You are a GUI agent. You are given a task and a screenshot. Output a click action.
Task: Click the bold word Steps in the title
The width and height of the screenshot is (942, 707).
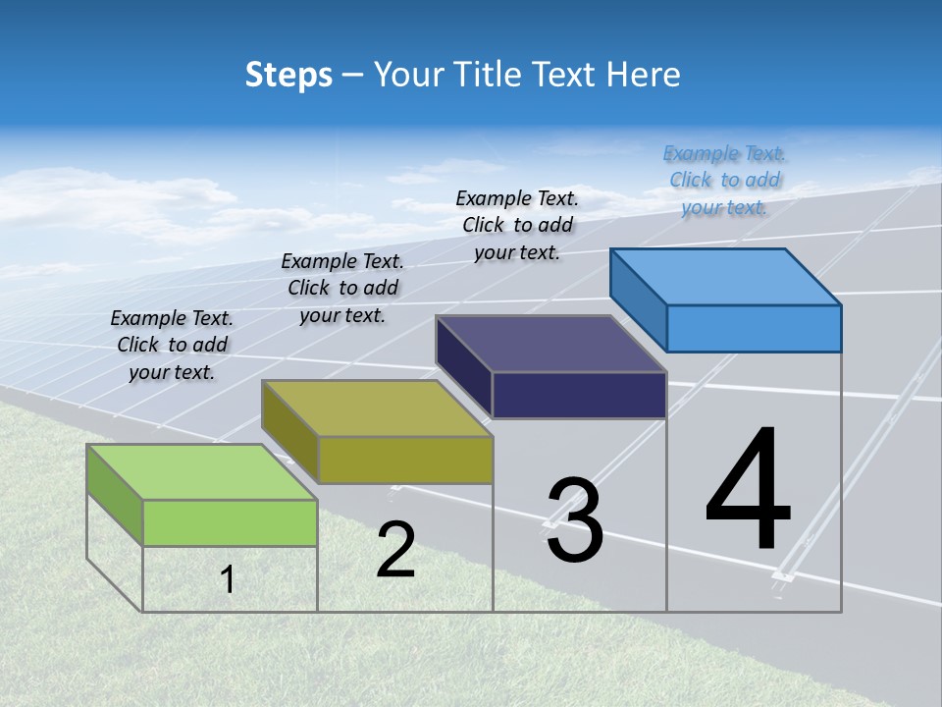pos(288,75)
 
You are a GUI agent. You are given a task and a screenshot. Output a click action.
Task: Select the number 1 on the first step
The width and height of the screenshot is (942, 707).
pos(228,580)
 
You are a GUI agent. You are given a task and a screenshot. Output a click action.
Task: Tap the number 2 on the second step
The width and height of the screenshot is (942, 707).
pos(395,551)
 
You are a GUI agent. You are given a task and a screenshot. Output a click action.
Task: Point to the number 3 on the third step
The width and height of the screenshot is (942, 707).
pos(574,520)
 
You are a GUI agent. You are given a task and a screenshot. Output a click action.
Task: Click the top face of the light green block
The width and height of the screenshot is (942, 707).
pos(201,472)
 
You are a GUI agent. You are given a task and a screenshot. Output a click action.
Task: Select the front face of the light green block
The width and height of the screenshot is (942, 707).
pos(230,522)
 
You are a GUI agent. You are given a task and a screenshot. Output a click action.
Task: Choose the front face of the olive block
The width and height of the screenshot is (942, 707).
pos(404,460)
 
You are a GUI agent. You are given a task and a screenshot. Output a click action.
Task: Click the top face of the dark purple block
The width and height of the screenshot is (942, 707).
pos(550,344)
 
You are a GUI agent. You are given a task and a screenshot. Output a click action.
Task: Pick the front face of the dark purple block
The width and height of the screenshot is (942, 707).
pos(579,395)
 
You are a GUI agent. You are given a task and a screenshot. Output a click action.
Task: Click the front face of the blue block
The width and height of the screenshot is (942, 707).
pos(754,328)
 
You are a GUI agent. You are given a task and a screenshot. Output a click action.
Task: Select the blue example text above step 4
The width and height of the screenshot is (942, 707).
pos(724,180)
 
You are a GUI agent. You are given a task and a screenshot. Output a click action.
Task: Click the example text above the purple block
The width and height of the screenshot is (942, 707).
pos(517,225)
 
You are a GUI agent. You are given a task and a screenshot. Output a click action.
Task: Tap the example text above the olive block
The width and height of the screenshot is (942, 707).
pos(342,288)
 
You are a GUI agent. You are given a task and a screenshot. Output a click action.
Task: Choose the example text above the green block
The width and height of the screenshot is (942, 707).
pos(172,345)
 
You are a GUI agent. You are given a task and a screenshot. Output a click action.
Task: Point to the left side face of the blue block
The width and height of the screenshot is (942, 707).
pos(638,299)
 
